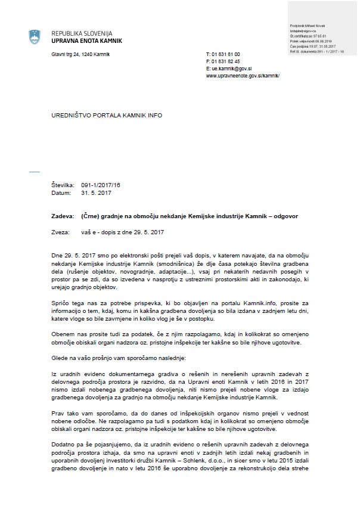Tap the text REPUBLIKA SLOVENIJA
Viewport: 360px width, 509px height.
coord(82,33)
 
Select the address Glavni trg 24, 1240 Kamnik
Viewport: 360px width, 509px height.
coord(80,54)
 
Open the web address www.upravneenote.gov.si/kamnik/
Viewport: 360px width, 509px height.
coord(243,76)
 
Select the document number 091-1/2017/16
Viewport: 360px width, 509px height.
coord(101,186)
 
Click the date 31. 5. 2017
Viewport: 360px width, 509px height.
coord(96,193)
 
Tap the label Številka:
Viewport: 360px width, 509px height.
coord(63,186)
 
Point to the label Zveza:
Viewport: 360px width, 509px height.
coord(60,231)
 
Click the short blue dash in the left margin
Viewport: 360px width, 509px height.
coord(34,171)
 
